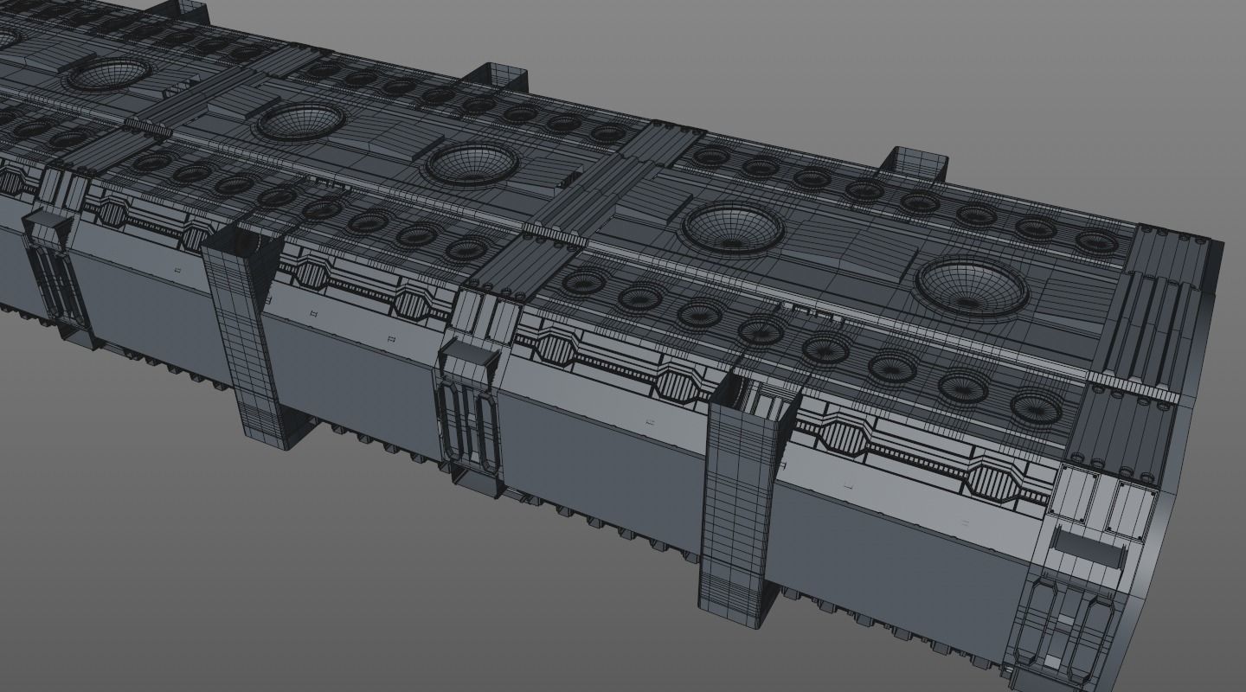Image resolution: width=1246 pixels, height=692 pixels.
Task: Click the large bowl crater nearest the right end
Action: (971, 285)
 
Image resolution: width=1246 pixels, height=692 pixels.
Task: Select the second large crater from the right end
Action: (733, 227)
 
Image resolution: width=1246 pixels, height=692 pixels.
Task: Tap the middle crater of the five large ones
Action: (472, 163)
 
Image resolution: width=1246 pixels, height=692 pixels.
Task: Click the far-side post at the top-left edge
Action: (188, 10)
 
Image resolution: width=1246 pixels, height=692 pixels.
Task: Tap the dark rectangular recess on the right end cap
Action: (1085, 547)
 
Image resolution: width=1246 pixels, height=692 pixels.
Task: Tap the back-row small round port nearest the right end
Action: (1095, 241)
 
